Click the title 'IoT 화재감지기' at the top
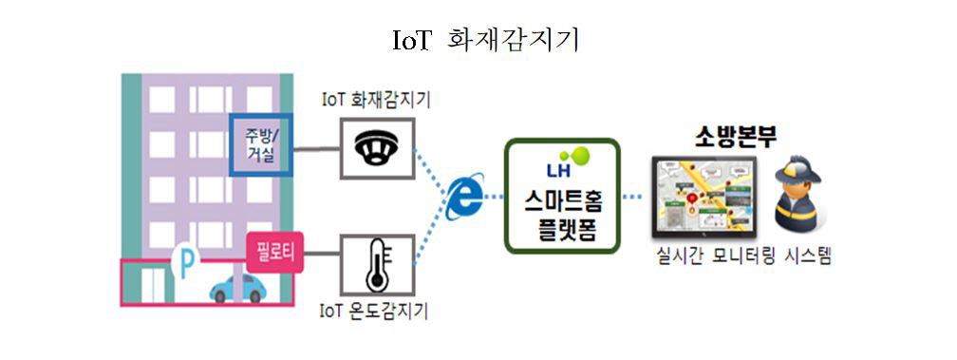click(479, 41)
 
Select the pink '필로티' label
click(273, 252)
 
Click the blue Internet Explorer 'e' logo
click(464, 196)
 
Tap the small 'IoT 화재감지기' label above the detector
click(378, 98)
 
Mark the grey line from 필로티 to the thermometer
click(323, 253)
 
